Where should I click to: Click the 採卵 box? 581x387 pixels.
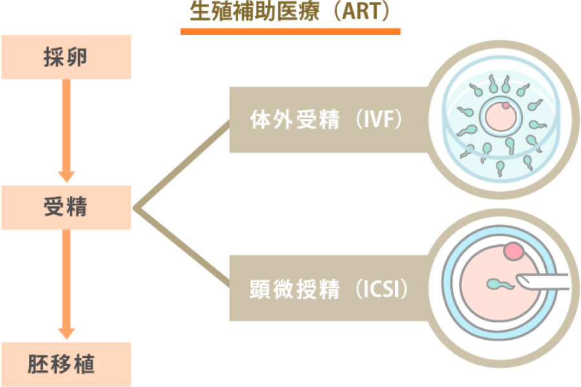[x=66, y=57]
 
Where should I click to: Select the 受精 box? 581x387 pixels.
[x=66, y=207]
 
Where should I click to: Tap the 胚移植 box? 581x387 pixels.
[x=66, y=364]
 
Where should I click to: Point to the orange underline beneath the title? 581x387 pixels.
[x=290, y=30]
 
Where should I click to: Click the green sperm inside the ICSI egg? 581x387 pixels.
[x=498, y=283]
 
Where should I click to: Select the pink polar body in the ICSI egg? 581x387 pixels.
[x=515, y=251]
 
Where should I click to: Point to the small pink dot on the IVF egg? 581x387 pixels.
[x=506, y=105]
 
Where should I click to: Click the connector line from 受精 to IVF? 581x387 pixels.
[x=181, y=165]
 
